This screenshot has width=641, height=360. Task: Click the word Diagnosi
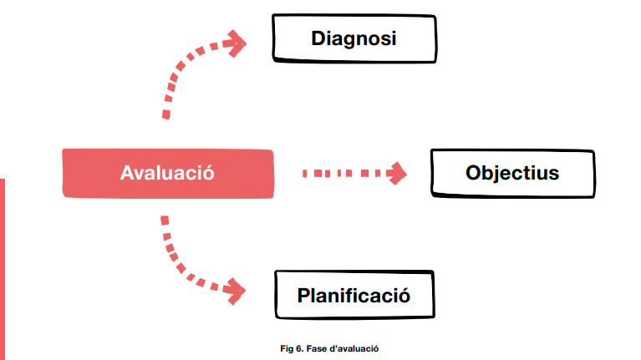pos(353,38)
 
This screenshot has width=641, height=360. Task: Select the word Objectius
pos(511,174)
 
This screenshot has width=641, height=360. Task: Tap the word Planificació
pos(354,296)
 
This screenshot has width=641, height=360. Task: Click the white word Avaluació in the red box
pos(167,173)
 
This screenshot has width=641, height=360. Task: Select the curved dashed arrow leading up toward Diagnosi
pos(180,71)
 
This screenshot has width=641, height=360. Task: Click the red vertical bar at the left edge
pos(3,267)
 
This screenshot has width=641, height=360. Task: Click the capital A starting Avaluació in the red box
pos(128,173)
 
